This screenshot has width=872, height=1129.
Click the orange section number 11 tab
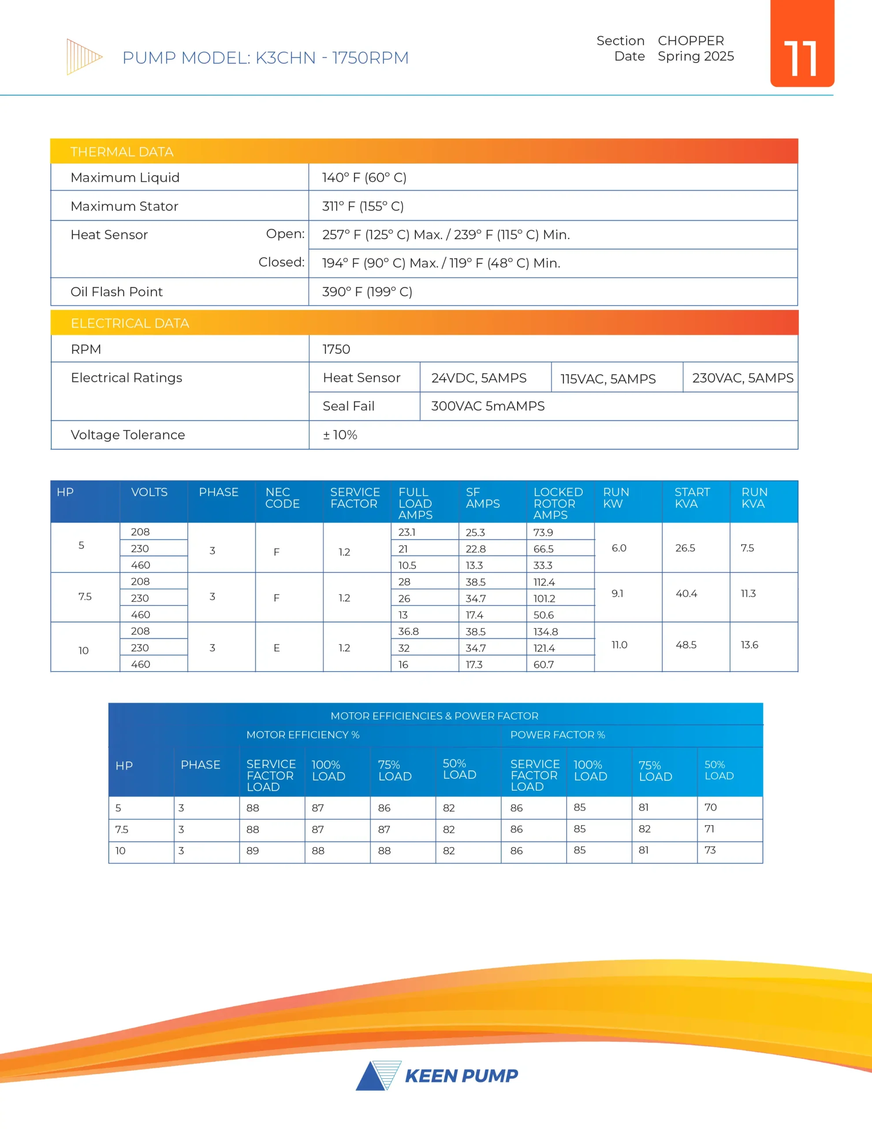point(802,44)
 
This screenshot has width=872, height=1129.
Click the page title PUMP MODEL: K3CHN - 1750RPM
point(265,57)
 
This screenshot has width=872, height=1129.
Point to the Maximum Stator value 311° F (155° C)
point(363,206)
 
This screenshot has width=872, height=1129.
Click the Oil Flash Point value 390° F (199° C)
point(367,292)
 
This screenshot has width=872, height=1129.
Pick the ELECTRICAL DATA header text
point(130,323)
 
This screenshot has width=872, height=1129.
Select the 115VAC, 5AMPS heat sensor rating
point(608,379)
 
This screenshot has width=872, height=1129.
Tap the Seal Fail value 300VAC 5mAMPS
point(488,406)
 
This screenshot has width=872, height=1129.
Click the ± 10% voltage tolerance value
point(340,435)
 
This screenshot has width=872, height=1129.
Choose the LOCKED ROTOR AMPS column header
point(558,503)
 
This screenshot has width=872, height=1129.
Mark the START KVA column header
point(692,498)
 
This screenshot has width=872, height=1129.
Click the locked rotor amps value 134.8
point(545,632)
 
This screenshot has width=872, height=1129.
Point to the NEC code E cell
point(276,648)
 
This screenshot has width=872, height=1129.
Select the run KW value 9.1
point(617,594)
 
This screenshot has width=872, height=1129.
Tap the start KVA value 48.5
point(686,645)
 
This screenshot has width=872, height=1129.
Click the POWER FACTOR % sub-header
point(557,735)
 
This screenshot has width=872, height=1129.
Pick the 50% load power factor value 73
point(710,850)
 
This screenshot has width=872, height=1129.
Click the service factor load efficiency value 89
point(253,850)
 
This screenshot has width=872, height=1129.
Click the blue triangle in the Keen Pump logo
point(371,1077)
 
